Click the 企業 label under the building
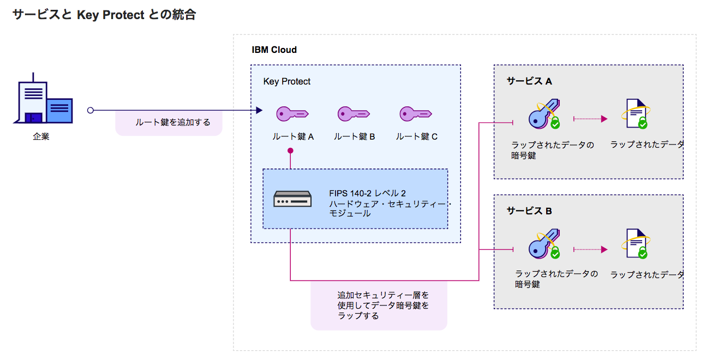pos(41,137)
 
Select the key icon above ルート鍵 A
pos(292,113)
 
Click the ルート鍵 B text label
pos(354,137)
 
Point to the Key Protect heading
pos(286,82)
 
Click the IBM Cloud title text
pos(274,50)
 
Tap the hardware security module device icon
pos(292,199)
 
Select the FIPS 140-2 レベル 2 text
pos(367,194)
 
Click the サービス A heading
pos(529,81)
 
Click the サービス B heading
pos(529,211)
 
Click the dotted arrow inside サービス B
pos(590,249)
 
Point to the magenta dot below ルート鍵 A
pos(290,151)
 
